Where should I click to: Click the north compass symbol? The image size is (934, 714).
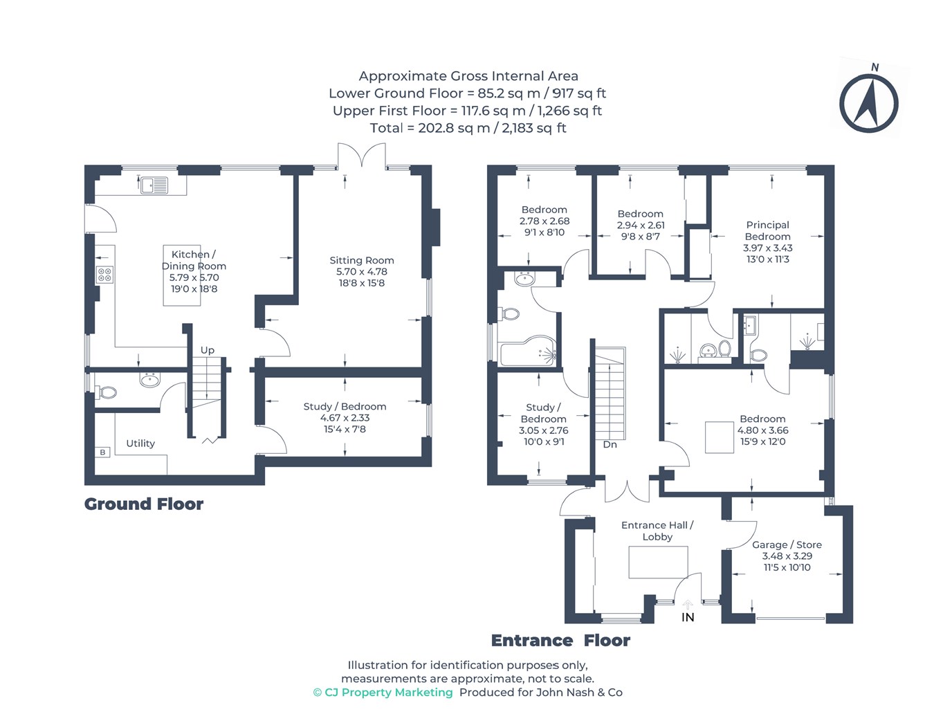(868, 103)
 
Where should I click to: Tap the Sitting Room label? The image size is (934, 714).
(361, 260)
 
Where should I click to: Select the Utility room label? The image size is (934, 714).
(140, 443)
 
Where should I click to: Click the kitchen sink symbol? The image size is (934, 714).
(154, 185)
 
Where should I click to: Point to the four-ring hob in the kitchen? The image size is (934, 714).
(104, 275)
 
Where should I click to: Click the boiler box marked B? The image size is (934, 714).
(102, 452)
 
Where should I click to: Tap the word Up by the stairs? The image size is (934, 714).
(208, 350)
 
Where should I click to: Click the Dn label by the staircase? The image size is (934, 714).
(610, 444)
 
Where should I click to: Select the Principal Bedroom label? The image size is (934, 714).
(767, 230)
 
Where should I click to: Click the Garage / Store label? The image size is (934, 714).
(787, 544)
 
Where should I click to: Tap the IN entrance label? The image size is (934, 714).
(688, 617)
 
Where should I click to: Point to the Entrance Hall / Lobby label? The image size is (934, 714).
(657, 531)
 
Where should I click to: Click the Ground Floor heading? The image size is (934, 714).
(144, 504)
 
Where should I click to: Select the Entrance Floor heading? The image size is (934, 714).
(560, 641)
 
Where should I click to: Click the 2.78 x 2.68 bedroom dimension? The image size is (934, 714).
(544, 221)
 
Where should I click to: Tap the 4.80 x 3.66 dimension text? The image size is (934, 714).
(762, 430)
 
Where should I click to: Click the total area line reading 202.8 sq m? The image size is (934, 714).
(468, 128)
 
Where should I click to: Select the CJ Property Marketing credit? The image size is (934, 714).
(383, 693)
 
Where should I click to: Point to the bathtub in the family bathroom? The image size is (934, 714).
(529, 351)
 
